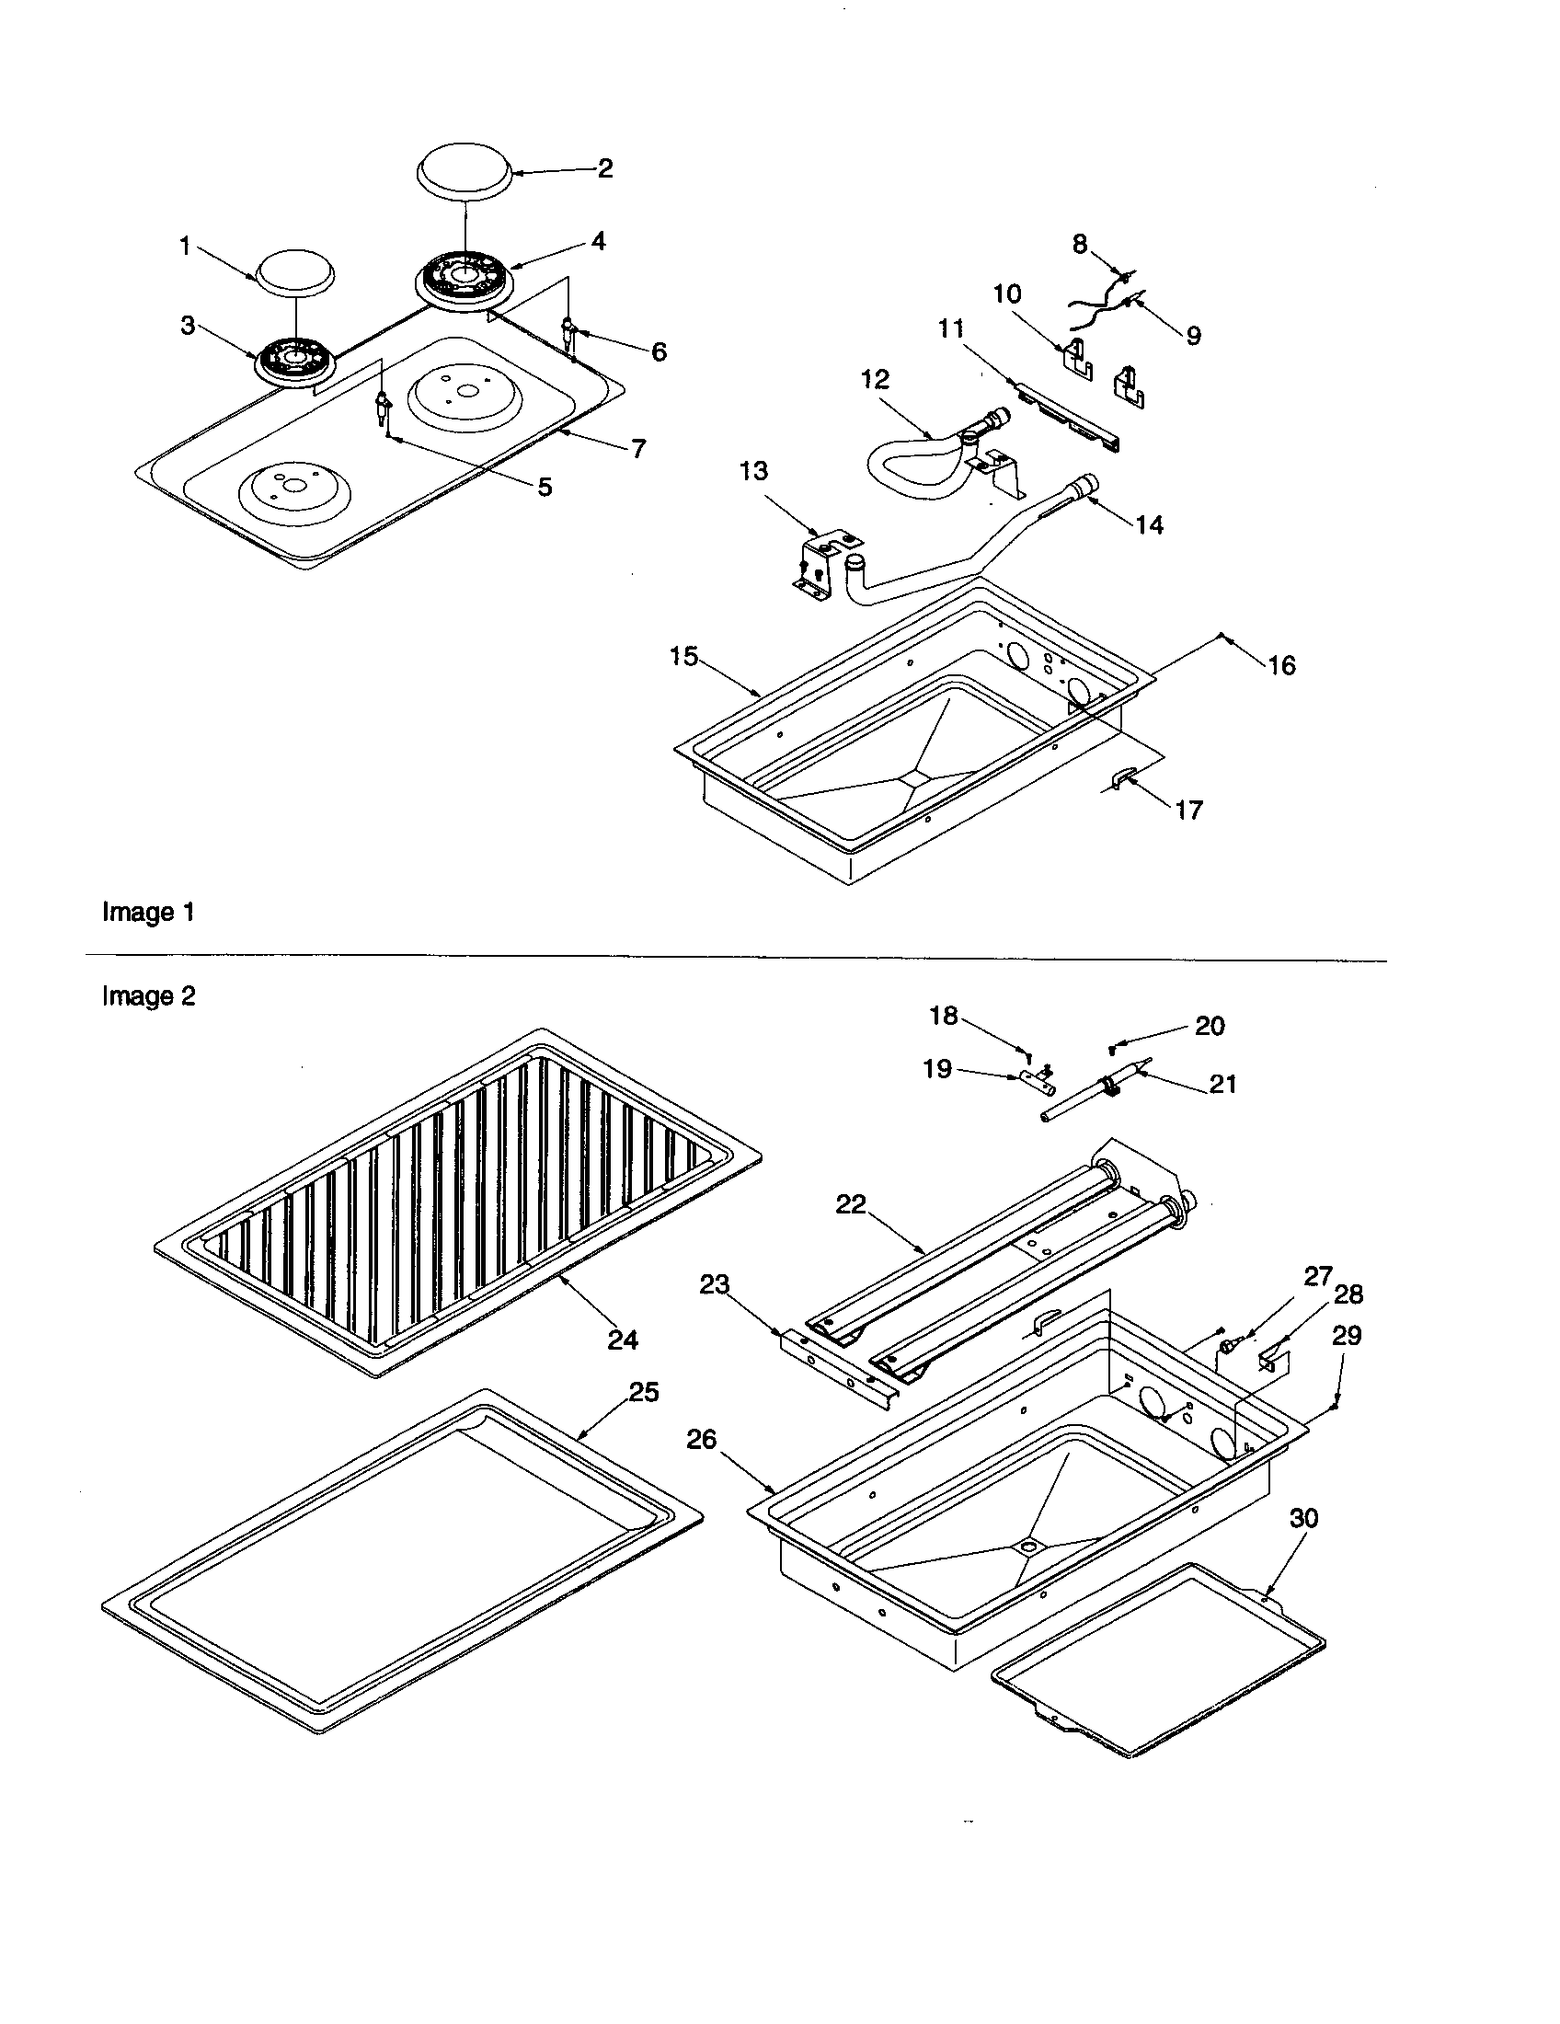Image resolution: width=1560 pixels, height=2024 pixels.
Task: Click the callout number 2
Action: [x=604, y=168]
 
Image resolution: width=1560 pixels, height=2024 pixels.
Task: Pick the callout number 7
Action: [x=638, y=449]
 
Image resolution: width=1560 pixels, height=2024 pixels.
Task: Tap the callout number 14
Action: [x=1149, y=524]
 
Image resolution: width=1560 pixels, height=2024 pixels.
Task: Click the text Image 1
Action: [x=148, y=912]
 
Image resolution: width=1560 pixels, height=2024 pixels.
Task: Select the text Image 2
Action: [x=148, y=996]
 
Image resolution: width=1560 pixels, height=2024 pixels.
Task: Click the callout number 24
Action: [x=623, y=1340]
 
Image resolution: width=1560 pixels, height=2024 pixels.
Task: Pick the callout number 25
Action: [x=644, y=1392]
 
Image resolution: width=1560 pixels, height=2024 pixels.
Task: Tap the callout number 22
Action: [x=850, y=1204]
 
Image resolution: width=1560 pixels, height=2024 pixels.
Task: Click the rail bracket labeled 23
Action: [x=838, y=1375]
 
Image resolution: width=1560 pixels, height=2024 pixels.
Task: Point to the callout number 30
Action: [x=1303, y=1518]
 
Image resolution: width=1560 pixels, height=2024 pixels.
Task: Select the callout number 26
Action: [x=701, y=1438]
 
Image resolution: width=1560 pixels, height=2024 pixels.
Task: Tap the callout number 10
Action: [x=1007, y=293]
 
